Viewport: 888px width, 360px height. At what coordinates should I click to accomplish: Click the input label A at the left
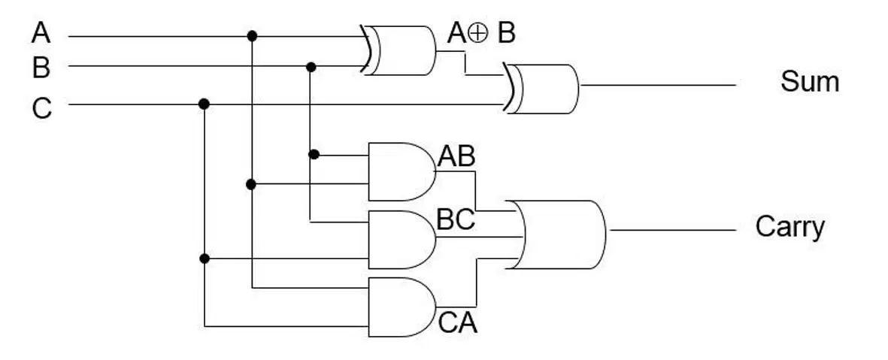pyautogui.click(x=41, y=33)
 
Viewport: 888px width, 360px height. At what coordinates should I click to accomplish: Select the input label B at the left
pyautogui.click(x=41, y=68)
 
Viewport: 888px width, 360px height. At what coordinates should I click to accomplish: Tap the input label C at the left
pyautogui.click(x=42, y=108)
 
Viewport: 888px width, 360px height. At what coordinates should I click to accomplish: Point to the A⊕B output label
pyautogui.click(x=481, y=33)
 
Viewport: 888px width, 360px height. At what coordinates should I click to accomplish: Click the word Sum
pyautogui.click(x=809, y=82)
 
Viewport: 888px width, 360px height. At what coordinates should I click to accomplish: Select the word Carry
pyautogui.click(x=790, y=228)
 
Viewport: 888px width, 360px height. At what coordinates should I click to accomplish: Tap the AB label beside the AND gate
pyautogui.click(x=456, y=157)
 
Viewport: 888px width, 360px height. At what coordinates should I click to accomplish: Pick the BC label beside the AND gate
pyautogui.click(x=456, y=219)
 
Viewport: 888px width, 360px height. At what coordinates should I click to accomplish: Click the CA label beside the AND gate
pyautogui.click(x=458, y=323)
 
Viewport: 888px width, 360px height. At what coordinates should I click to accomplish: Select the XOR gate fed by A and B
pyautogui.click(x=399, y=50)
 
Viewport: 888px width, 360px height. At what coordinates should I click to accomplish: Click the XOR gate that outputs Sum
pyautogui.click(x=541, y=89)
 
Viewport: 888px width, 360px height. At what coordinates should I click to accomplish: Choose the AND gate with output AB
pyautogui.click(x=402, y=171)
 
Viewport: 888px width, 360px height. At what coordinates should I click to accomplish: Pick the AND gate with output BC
pyautogui.click(x=402, y=240)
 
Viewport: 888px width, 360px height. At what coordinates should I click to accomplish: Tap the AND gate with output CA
pyautogui.click(x=402, y=307)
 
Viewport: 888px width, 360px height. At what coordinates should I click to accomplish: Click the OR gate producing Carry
pyautogui.click(x=558, y=234)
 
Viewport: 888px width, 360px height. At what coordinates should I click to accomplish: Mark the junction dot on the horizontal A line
pyautogui.click(x=252, y=36)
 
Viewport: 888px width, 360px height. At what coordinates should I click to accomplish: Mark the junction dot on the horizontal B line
pyautogui.click(x=311, y=67)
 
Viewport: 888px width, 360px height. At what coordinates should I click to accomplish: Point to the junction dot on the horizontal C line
pyautogui.click(x=204, y=104)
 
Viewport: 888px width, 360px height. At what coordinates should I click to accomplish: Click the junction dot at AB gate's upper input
pyautogui.click(x=314, y=155)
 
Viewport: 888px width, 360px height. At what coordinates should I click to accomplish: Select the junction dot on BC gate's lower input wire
pyautogui.click(x=205, y=259)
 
